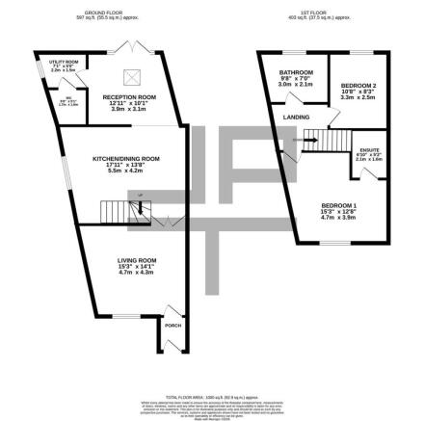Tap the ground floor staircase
119,210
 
